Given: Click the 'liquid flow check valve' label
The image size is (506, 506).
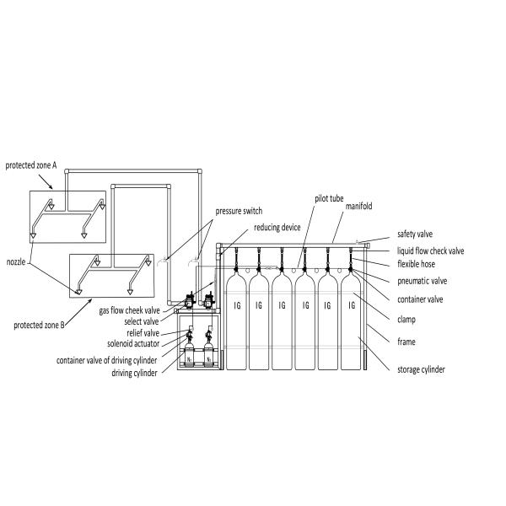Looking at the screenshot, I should tap(430, 250).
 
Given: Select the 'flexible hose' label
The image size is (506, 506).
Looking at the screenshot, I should tap(416, 265).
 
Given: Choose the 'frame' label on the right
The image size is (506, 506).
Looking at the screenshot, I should tap(406, 342).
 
